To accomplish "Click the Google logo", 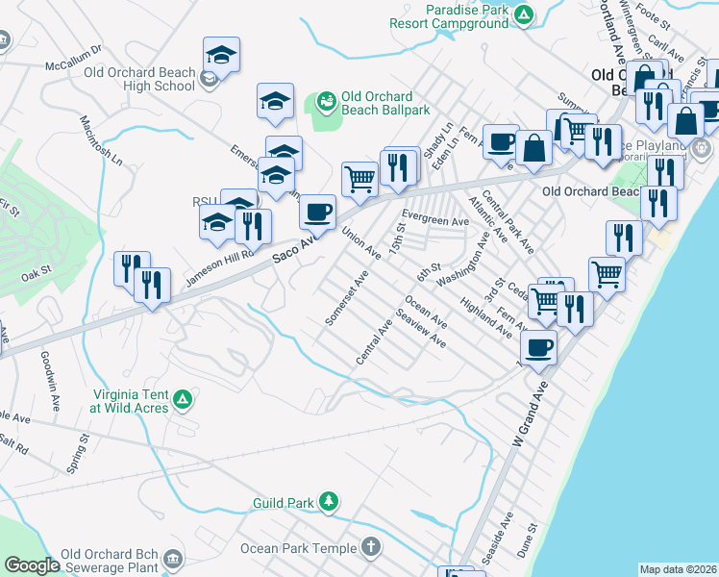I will (x=32, y=565).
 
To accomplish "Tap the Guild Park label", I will (x=284, y=503).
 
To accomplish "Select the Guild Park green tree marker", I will (x=329, y=502).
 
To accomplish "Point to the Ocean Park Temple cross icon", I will (x=371, y=547).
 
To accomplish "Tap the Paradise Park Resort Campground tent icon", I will (x=523, y=14).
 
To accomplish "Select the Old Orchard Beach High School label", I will (x=139, y=78).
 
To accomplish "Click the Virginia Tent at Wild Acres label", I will (x=130, y=401).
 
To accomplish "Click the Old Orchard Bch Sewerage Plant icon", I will (x=173, y=559).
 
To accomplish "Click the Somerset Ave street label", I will (x=347, y=298).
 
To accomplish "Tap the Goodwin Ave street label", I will (x=47, y=370).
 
